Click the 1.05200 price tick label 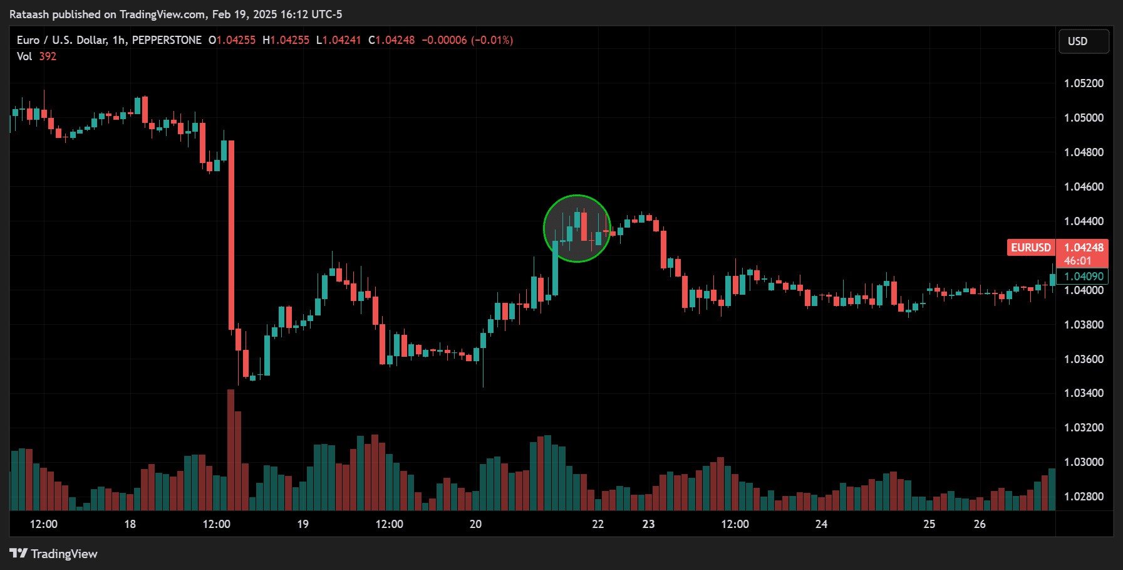click(1084, 83)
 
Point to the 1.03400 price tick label click(1084, 393)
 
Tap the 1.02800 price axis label click(1084, 497)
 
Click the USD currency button click(1083, 41)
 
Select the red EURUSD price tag click(1031, 248)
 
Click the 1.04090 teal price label click(1084, 277)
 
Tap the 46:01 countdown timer click(1077, 261)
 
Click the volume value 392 click(48, 56)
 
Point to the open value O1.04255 click(232, 40)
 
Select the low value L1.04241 click(339, 40)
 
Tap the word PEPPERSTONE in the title click(167, 40)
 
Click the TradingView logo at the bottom click(54, 554)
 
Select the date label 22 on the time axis click(598, 524)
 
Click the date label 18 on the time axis click(130, 524)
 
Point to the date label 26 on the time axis click(980, 524)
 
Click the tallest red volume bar click(230, 451)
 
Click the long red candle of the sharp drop click(231, 235)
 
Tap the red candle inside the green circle click(584, 226)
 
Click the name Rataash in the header click(29, 14)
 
